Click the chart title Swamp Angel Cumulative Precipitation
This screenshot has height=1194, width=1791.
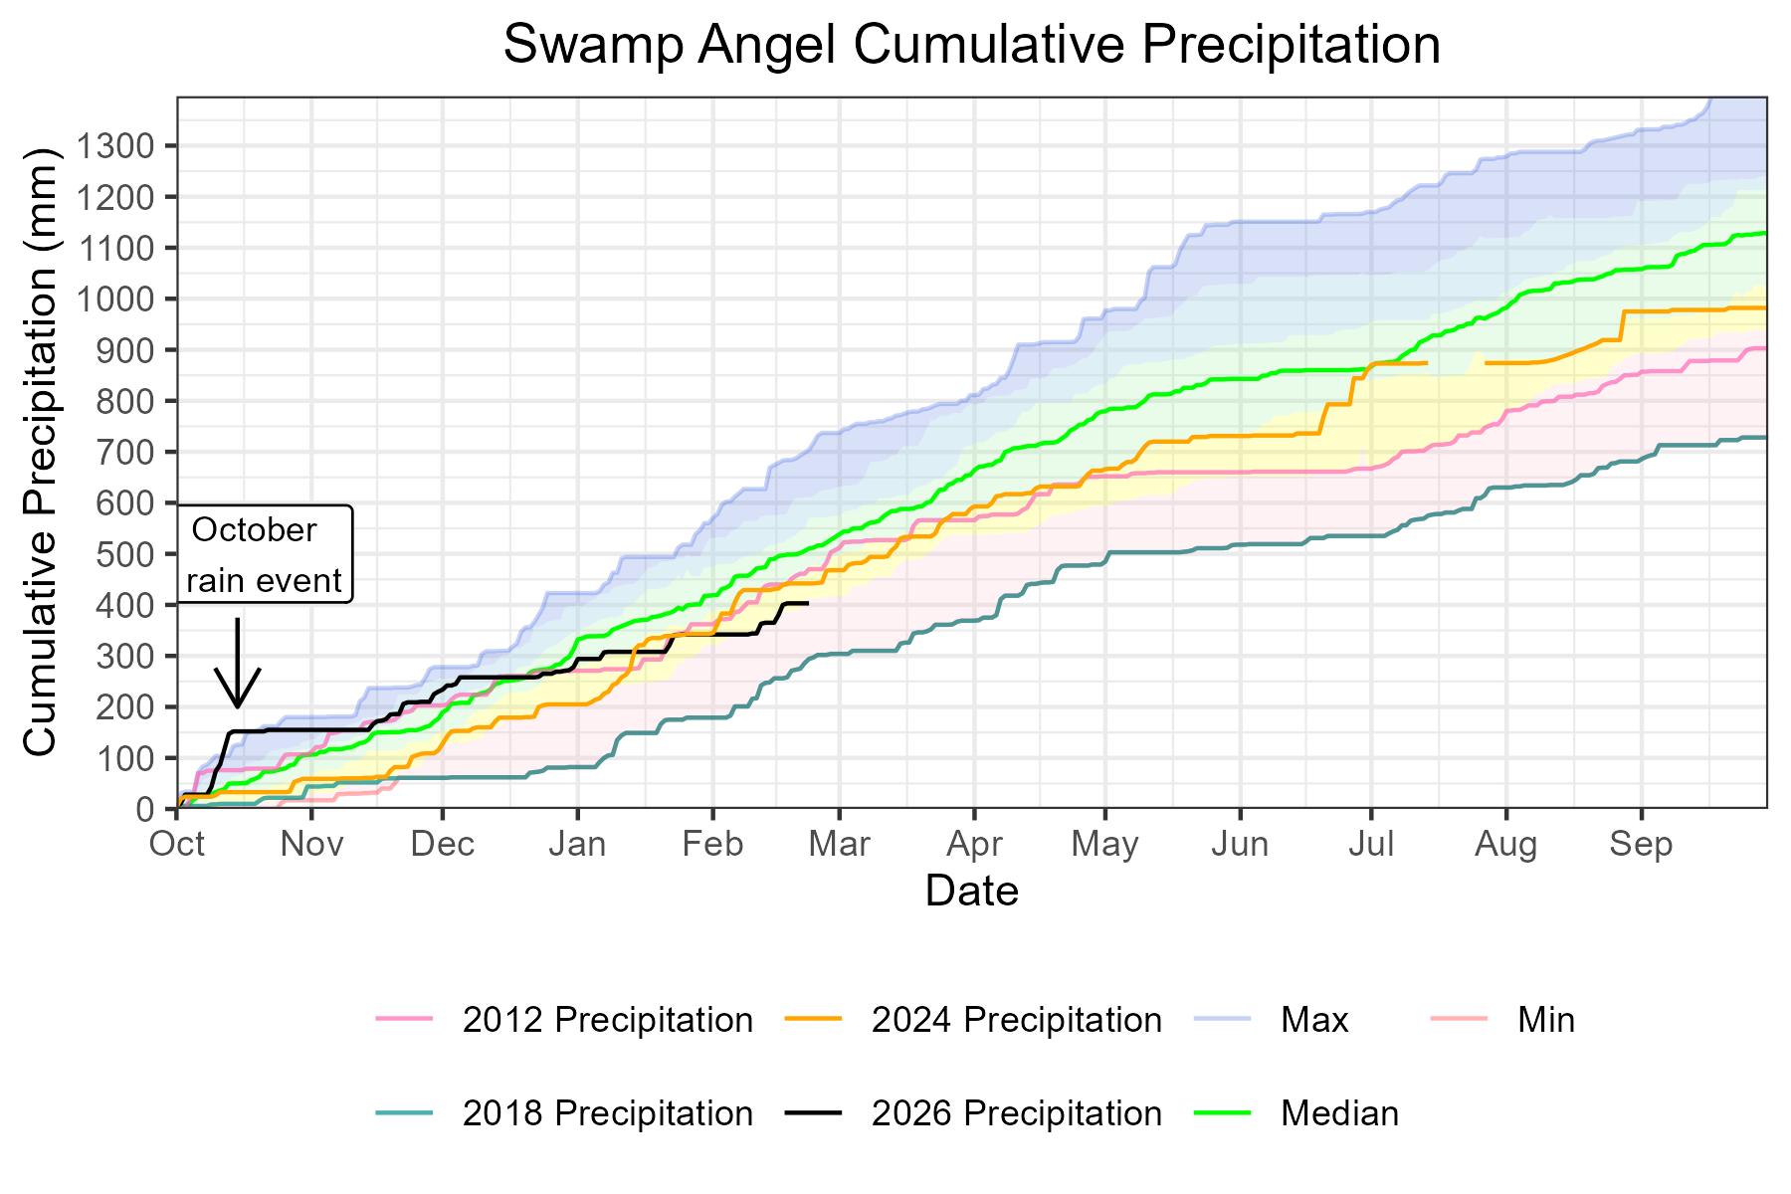click(971, 46)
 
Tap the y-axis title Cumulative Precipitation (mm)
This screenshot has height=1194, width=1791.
click(42, 453)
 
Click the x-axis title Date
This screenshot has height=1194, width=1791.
click(971, 891)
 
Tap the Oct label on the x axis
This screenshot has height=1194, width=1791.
click(177, 845)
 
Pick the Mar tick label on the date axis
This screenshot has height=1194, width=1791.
click(839, 845)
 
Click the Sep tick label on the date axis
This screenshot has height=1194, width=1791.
click(1641, 845)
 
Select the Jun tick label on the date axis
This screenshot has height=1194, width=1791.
click(1240, 845)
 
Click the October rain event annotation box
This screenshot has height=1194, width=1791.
click(265, 554)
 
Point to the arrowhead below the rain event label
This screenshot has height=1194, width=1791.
click(237, 702)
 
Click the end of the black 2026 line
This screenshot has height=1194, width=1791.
click(807, 603)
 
